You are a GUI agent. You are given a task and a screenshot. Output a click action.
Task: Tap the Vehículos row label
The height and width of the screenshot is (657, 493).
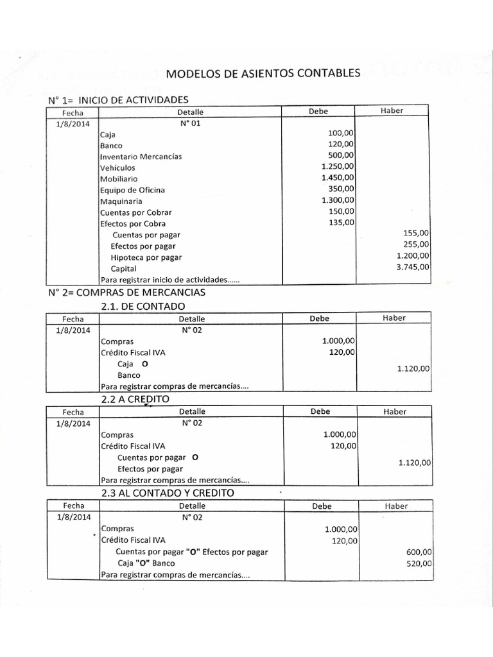click(118, 167)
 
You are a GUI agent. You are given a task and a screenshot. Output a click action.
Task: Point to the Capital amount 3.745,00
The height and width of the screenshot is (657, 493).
click(413, 268)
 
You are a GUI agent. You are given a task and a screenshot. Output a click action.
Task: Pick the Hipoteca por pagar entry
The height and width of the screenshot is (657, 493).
click(146, 257)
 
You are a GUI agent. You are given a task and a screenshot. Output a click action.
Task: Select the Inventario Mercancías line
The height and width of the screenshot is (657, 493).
click(141, 157)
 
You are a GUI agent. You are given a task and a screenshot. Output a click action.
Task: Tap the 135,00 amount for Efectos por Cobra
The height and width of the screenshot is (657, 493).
click(341, 223)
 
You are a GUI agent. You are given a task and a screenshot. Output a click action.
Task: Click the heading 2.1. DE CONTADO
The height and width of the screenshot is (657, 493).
click(143, 306)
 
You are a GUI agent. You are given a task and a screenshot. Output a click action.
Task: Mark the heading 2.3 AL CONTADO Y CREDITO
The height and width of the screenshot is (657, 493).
click(168, 493)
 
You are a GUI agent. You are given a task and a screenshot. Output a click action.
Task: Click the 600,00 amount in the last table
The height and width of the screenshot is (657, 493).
click(420, 552)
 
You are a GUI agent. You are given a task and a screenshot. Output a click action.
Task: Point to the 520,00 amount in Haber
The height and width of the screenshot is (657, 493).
click(420, 563)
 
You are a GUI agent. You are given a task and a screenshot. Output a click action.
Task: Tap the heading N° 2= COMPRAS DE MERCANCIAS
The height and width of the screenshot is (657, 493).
click(126, 293)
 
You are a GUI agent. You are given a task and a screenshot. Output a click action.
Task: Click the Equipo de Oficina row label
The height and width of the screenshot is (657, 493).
click(132, 190)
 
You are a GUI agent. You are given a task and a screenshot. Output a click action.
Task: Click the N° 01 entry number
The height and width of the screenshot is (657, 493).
click(191, 123)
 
